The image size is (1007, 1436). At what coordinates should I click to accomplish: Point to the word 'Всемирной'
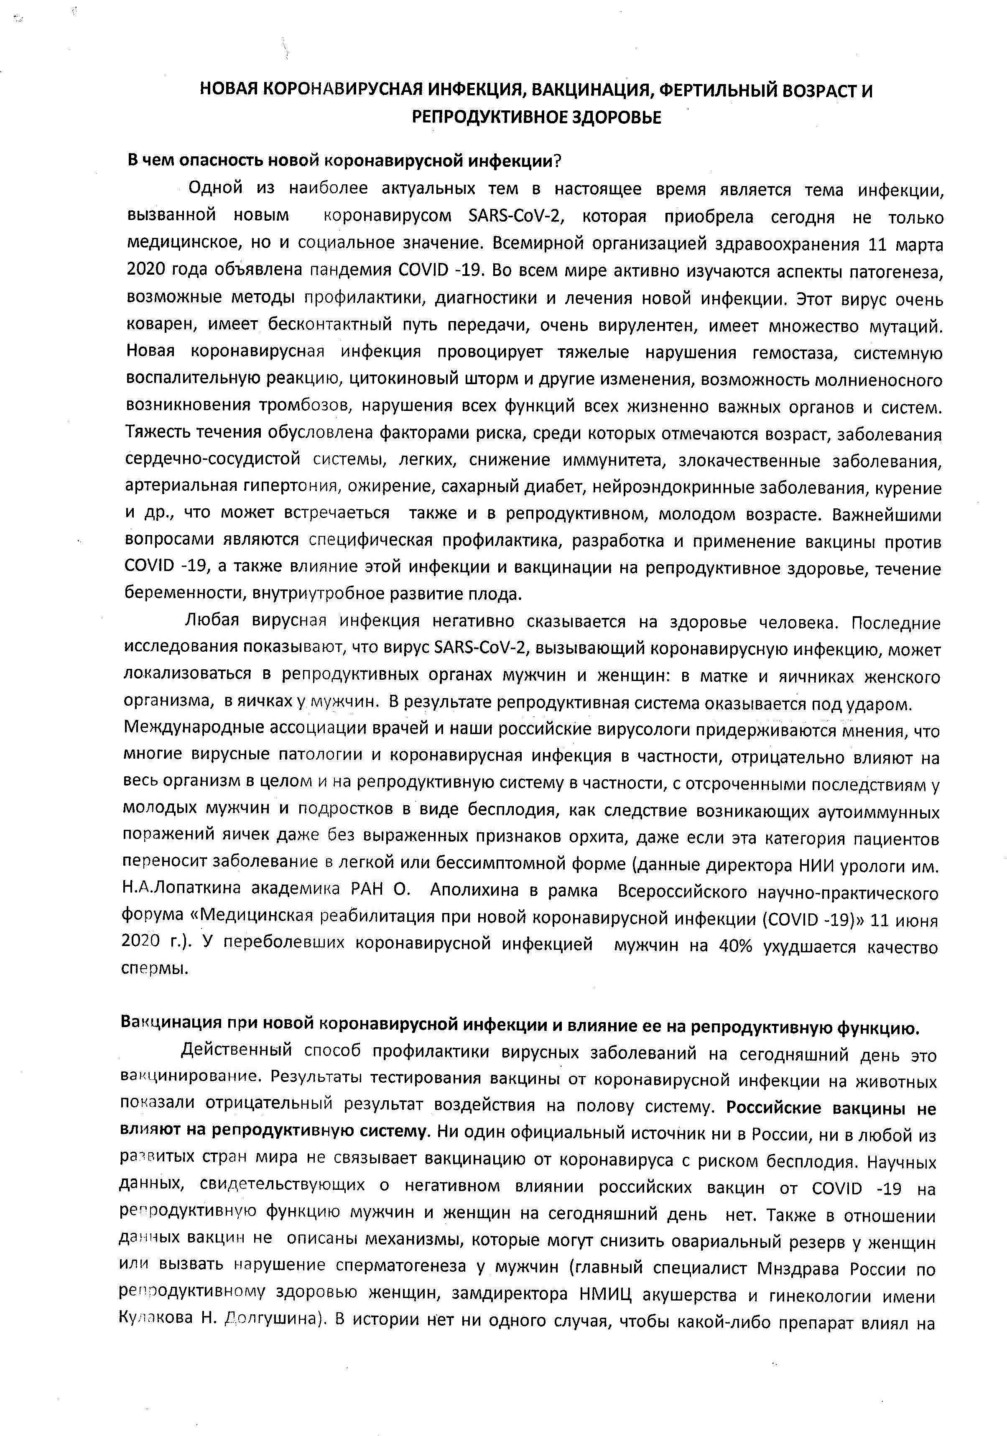pos(533,243)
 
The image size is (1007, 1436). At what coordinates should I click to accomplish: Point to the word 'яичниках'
pos(813,677)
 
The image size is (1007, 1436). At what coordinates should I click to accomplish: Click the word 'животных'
pos(899,1081)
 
